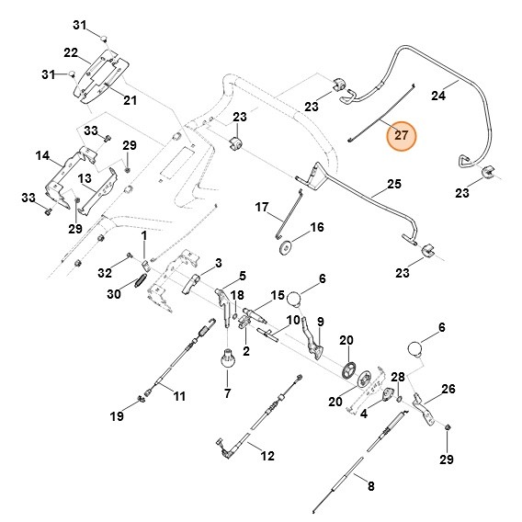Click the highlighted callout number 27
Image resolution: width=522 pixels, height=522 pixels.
pos(400,137)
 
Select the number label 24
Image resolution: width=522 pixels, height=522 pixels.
pos(438,95)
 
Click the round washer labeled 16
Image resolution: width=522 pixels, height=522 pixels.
pos(286,245)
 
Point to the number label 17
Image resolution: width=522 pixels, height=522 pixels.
pos(261,208)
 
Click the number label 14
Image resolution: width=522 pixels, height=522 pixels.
pos(42,156)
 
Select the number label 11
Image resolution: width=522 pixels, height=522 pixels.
pos(179,396)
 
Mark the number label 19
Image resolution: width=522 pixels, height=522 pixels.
pos(117,417)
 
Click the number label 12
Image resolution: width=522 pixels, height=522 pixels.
pos(267,456)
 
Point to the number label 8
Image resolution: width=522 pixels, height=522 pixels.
pos(370,486)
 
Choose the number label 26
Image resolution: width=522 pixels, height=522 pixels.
pos(447,389)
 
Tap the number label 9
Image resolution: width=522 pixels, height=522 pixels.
pos(321,321)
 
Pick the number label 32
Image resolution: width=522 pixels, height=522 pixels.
pos(105,273)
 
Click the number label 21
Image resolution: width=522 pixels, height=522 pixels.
pos(130,100)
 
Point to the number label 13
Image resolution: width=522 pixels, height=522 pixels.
pos(84,177)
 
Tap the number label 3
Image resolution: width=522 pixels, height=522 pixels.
pos(218,263)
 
